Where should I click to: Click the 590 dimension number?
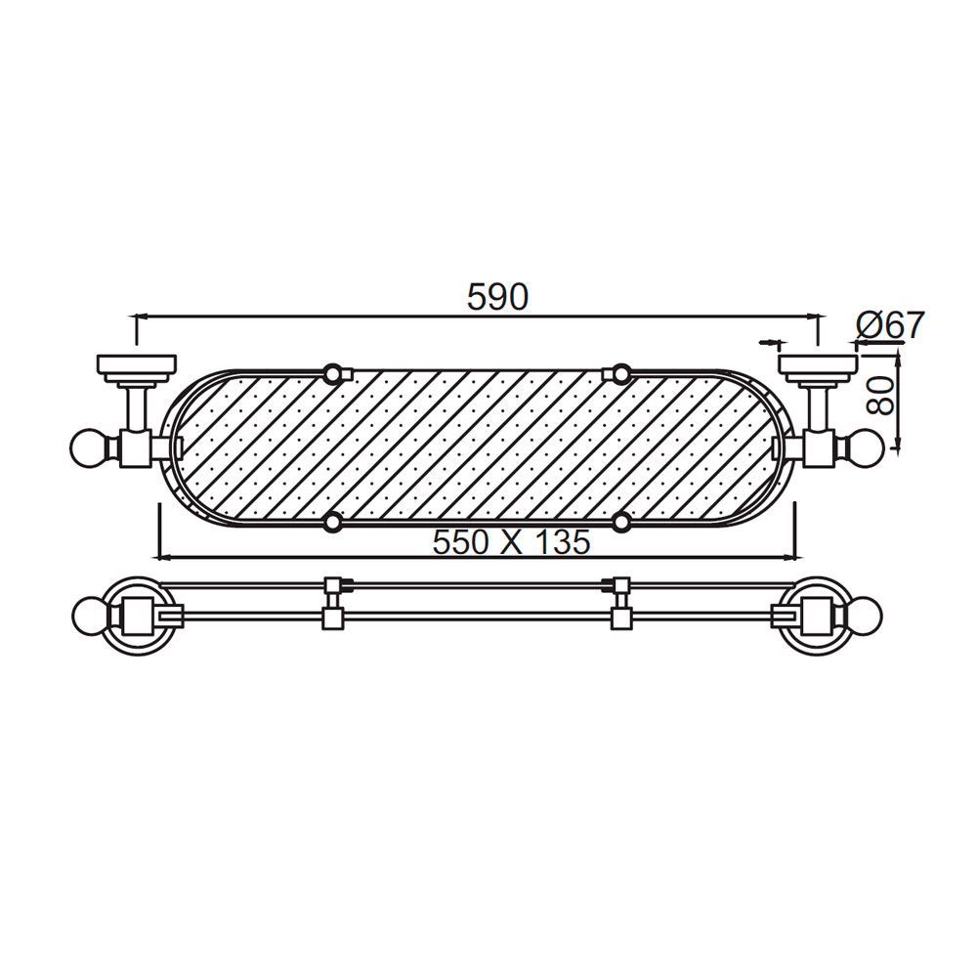(497, 295)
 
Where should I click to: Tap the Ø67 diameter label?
(888, 325)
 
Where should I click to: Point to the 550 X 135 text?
(511, 542)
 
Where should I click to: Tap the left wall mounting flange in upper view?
(136, 368)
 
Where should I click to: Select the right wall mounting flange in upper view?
(819, 368)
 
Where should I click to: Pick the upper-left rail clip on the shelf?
(333, 372)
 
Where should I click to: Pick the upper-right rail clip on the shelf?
(620, 372)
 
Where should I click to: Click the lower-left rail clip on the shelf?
(333, 523)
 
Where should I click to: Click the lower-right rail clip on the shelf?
(620, 523)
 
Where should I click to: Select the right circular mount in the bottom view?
(819, 617)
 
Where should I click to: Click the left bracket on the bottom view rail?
(333, 603)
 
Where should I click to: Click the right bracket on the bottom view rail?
(619, 603)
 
